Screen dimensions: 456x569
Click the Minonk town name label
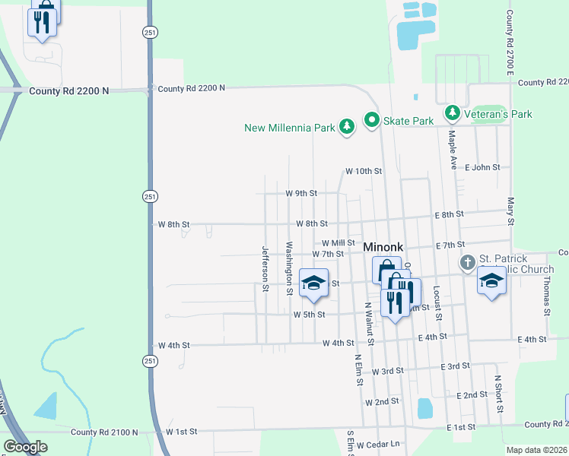[382, 247]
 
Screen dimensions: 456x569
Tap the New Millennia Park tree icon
[347, 127]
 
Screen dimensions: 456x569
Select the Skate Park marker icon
[372, 120]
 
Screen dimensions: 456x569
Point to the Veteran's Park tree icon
[453, 113]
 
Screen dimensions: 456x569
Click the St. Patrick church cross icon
[467, 263]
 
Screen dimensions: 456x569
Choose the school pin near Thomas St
[491, 282]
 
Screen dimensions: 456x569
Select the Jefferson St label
[265, 268]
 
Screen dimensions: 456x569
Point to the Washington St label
[289, 268]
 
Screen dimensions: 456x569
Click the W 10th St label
[363, 171]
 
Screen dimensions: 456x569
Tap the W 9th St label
[301, 193]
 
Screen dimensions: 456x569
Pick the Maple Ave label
[452, 149]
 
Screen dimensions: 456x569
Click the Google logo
[25, 447]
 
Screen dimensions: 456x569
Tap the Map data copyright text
[537, 450]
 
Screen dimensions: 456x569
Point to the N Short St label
[499, 393]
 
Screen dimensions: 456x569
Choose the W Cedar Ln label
[378, 445]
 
